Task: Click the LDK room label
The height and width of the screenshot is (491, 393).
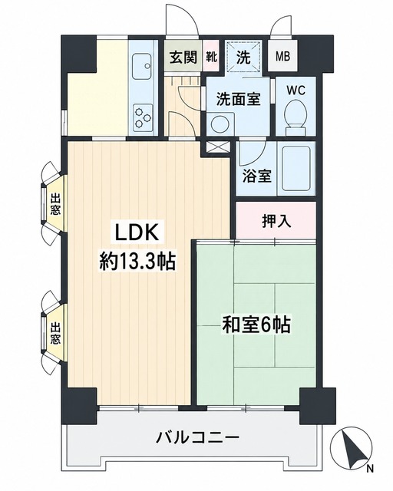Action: click(137, 232)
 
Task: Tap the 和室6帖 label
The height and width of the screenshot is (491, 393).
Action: click(256, 325)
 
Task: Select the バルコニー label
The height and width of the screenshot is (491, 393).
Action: click(198, 437)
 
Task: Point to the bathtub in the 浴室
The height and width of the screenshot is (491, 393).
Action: click(296, 169)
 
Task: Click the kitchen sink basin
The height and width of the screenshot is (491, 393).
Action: click(142, 67)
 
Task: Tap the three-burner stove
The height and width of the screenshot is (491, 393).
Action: click(143, 117)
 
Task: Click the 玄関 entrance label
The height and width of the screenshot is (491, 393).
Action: click(183, 58)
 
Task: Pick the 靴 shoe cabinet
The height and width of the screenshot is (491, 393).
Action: click(211, 57)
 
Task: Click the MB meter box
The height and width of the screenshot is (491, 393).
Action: click(282, 57)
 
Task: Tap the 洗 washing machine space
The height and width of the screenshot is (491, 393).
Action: click(243, 57)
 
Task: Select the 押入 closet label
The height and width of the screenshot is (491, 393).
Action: click(276, 221)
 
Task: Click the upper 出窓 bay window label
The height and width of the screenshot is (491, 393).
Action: click(55, 204)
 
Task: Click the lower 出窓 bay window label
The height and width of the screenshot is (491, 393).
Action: click(55, 333)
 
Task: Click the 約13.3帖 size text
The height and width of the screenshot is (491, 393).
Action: click(137, 261)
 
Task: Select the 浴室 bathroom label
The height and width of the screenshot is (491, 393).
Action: click(257, 176)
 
